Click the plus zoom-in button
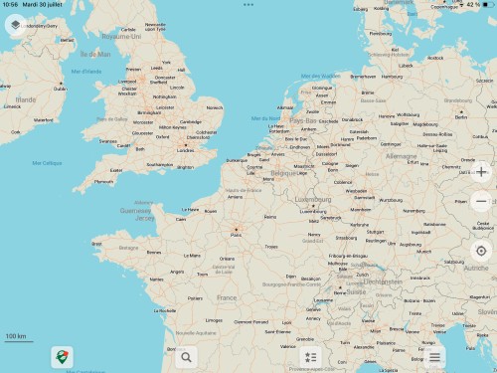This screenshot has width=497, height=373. coord(481,170)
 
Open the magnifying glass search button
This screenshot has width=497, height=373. coord(186,356)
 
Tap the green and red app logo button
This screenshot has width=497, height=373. coord(65,356)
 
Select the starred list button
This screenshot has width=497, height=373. coord(310,356)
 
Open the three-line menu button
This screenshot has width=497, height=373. coord(434,356)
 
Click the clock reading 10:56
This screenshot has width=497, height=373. coord(10,5)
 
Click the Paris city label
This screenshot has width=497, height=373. coord(236,235)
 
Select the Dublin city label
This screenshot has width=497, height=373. coord(60,88)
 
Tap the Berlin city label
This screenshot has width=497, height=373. coord(461,116)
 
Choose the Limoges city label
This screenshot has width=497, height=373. coord(214,319)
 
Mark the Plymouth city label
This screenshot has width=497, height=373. coord(103,181)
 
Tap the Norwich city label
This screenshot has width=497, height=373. coord(215,107)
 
